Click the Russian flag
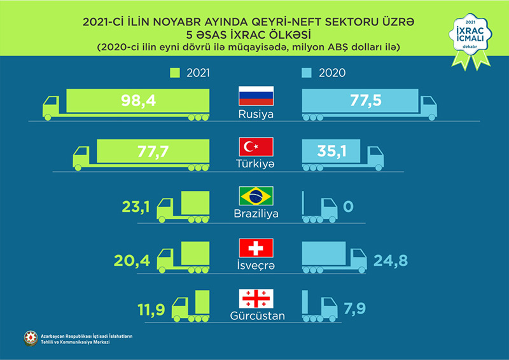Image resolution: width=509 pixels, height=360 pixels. [x=255, y=97]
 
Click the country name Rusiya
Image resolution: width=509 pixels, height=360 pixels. [x=254, y=114]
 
